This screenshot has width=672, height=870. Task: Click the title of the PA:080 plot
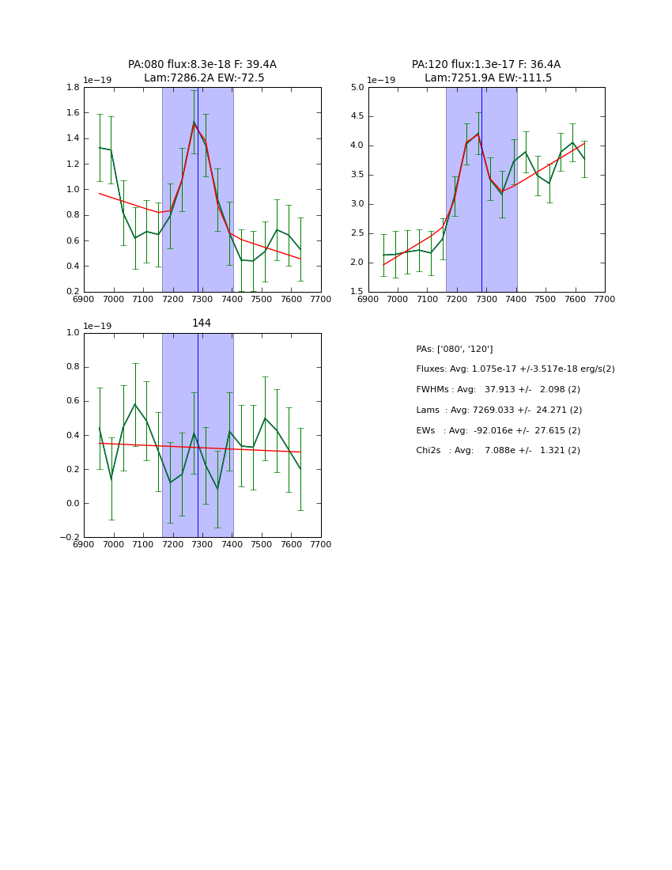pyautogui.click(x=202, y=71)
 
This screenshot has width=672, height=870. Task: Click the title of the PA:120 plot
pyautogui.click(x=486, y=71)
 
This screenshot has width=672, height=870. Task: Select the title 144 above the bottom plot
pyautogui.click(x=202, y=323)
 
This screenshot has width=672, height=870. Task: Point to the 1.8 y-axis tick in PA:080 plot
pyautogui.click(x=71, y=87)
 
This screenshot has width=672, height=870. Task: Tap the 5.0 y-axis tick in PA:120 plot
pyautogui.click(x=356, y=87)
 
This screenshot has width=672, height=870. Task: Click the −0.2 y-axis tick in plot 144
pyautogui.click(x=69, y=537)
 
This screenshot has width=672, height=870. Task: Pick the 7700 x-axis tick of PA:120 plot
pyautogui.click(x=605, y=299)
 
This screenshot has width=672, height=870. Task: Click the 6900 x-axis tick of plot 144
pyautogui.click(x=84, y=544)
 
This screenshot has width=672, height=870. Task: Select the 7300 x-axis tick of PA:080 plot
pyautogui.click(x=202, y=299)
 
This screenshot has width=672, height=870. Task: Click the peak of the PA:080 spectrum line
pyautogui.click(x=194, y=122)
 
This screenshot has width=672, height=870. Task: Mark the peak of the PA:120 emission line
pyautogui.click(x=478, y=134)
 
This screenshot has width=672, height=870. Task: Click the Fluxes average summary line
pyautogui.click(x=515, y=369)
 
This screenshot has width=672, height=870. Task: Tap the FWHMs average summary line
pyautogui.click(x=498, y=390)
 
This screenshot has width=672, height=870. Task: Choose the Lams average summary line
pyautogui.click(x=499, y=410)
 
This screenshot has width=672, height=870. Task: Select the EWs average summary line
pyautogui.click(x=498, y=430)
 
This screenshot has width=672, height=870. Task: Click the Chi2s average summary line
pyautogui.click(x=498, y=451)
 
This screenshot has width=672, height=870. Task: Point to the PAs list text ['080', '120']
pyautogui.click(x=455, y=349)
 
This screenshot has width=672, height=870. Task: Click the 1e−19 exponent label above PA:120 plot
pyautogui.click(x=381, y=80)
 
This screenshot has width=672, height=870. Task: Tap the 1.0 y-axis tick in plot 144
pyautogui.click(x=71, y=332)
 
